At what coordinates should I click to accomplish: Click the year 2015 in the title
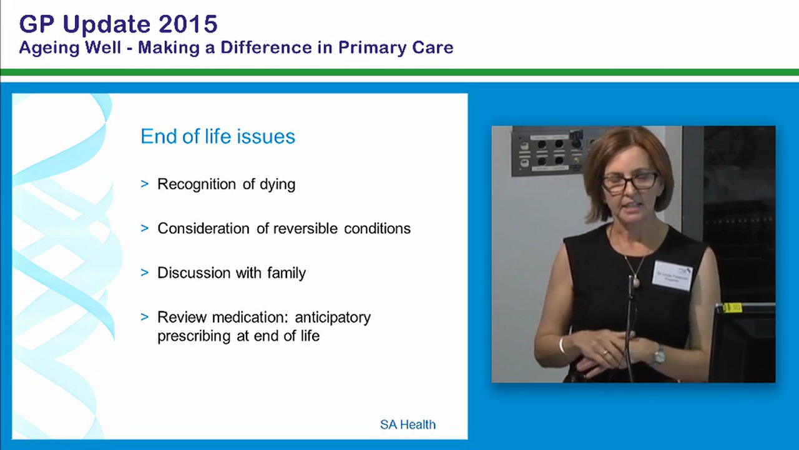[x=187, y=24]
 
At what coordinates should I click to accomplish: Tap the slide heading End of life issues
[x=217, y=136]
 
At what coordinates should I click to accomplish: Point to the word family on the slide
[x=284, y=273]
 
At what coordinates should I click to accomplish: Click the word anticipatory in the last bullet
[x=335, y=317]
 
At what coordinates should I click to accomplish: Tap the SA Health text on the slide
[x=408, y=425]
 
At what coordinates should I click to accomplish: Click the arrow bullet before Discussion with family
[x=145, y=273]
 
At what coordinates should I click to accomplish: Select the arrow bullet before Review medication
[x=145, y=317]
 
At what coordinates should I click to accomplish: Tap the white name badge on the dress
[x=672, y=275]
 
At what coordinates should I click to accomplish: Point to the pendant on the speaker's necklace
[x=636, y=282]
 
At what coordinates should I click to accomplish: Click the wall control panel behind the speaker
[x=547, y=151]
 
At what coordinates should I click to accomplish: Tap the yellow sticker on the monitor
[x=732, y=307]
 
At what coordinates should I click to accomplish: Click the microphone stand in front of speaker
[x=630, y=331]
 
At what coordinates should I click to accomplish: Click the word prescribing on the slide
[x=195, y=336]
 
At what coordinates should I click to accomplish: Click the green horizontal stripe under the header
[x=399, y=72]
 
